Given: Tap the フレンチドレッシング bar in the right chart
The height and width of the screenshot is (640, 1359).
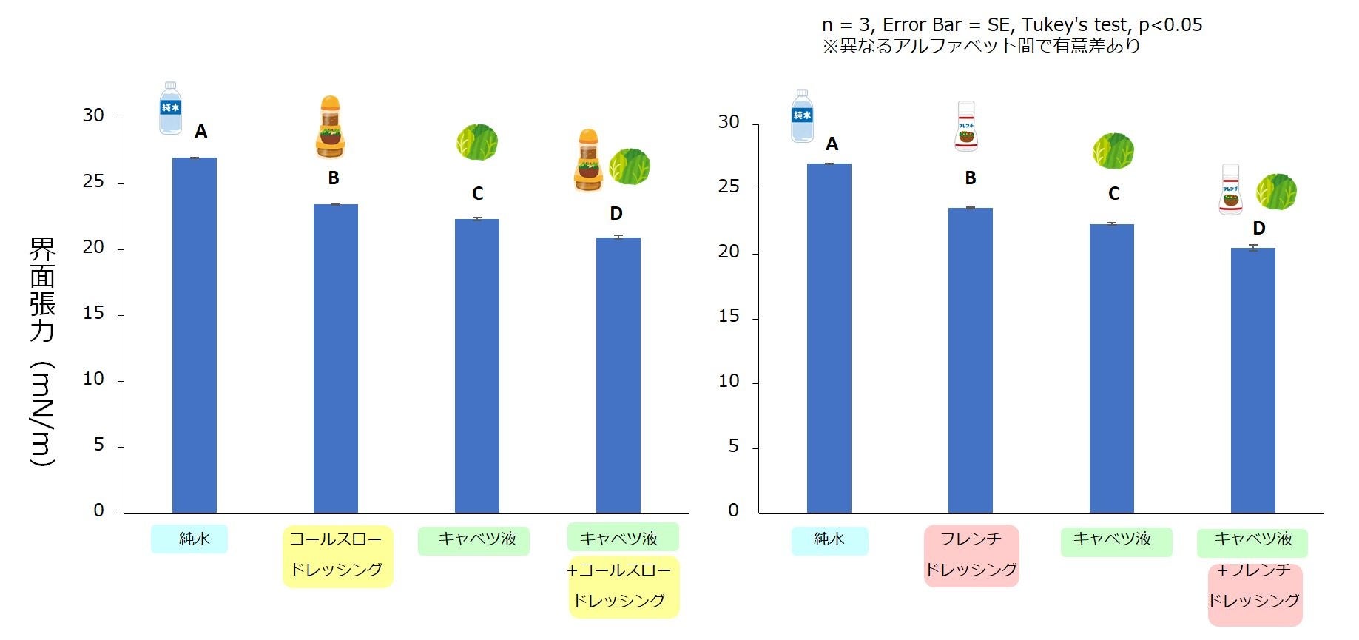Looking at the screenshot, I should coord(970,360).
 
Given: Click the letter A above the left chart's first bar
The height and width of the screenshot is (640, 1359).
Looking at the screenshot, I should coord(200,132).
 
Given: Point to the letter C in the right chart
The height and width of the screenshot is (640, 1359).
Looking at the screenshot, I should coord(1113,194).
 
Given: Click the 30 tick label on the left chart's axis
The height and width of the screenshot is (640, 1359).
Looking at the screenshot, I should coord(93,115).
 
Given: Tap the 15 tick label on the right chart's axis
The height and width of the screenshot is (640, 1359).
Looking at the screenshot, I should coord(729,317).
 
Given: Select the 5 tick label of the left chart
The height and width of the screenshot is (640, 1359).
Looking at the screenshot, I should coord(98,445).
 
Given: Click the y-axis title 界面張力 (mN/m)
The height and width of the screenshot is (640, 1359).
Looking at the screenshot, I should coord(42,351).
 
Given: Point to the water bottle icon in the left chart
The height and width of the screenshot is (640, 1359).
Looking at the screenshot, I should coord(170,108).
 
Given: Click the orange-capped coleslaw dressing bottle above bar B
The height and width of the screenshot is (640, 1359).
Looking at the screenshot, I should coord(330,127).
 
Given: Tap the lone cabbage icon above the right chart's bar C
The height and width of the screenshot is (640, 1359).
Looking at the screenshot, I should coord(1113,151).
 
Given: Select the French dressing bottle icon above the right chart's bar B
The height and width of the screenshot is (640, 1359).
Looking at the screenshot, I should coord(966,127).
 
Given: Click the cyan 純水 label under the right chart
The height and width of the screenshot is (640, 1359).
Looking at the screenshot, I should coord(829,540).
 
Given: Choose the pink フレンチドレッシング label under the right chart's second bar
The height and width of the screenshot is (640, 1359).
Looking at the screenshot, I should coord(971,556).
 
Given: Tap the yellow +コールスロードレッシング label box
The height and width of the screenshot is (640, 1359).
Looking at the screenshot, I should coord(623,586).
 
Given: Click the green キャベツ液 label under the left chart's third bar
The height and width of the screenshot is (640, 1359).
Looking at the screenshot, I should coord(473,540).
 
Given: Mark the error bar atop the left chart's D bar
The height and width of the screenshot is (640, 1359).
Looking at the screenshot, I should coord(618,237).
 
